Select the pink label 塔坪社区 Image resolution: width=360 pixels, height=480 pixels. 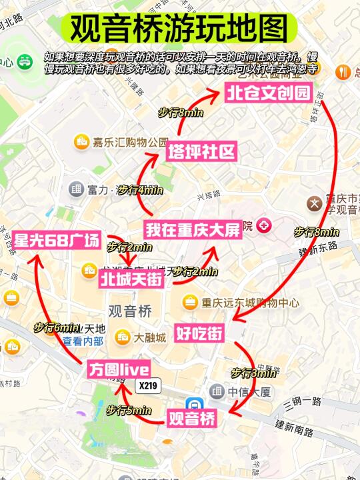(x=202, y=152)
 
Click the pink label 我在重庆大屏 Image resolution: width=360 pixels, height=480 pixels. (x=193, y=230)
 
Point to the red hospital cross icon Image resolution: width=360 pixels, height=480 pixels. (x=264, y=226)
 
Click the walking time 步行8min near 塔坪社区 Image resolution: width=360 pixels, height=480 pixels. (x=180, y=113)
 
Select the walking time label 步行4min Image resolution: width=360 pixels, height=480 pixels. (x=141, y=190)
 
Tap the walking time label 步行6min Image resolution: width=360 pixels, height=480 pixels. (x=57, y=328)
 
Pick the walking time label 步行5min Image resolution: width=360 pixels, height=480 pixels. (x=129, y=410)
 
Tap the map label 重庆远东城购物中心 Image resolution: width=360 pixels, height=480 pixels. (x=250, y=302)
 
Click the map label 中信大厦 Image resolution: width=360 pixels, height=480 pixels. (x=248, y=391)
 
